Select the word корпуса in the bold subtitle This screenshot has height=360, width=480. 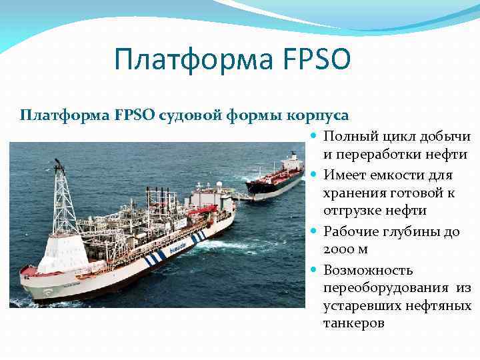[318, 115]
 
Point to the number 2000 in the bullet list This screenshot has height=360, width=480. [341, 249]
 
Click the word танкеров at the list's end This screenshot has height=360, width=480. [354, 323]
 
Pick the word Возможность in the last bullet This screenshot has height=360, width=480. [368, 270]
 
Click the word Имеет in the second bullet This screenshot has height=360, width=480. [344, 175]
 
